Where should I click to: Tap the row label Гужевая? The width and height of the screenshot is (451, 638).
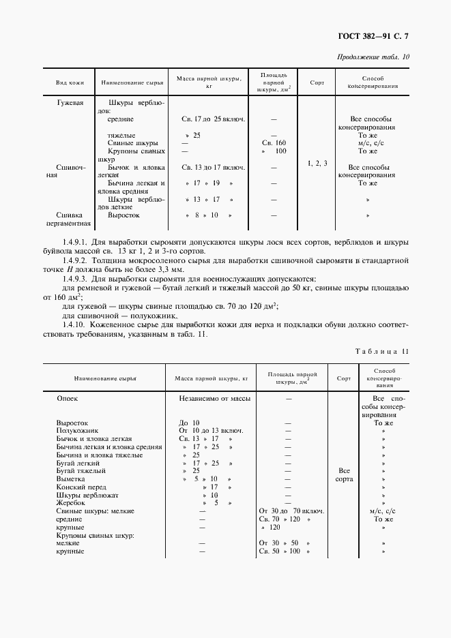tap(70, 102)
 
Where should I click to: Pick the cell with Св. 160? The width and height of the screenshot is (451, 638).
tap(273, 143)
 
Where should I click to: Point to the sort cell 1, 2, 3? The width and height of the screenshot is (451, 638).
tap(317, 163)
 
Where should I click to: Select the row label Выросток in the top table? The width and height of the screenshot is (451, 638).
tap(123, 215)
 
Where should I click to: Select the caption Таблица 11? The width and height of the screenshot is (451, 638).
tap(382, 352)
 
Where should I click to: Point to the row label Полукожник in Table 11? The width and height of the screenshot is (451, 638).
tap(77, 431)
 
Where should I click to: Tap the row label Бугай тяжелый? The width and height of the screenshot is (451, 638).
tap(81, 470)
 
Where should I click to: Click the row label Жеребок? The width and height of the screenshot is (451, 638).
tap(71, 502)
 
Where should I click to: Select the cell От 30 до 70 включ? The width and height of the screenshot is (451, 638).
tap(291, 511)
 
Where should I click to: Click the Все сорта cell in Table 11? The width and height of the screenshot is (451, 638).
tap(345, 475)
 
